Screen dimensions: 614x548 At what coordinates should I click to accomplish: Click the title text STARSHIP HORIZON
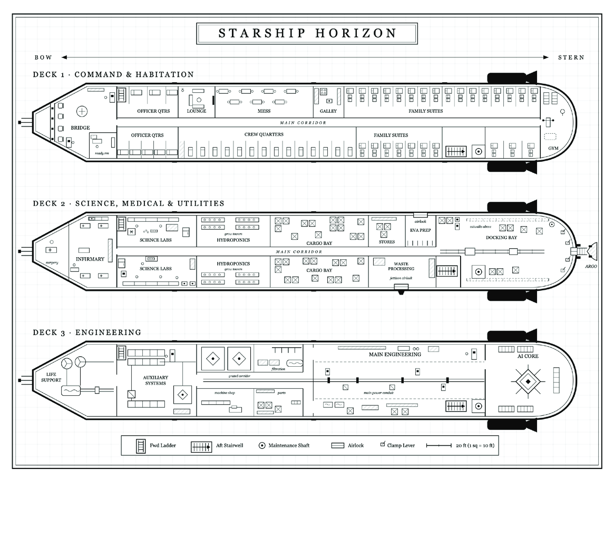click(x=307, y=33)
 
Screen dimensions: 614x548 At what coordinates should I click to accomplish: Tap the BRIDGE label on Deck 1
click(x=80, y=128)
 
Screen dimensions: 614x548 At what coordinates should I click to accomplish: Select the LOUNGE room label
click(x=197, y=111)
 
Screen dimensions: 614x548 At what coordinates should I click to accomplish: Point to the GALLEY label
click(x=328, y=111)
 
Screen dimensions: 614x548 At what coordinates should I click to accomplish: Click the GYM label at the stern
click(x=553, y=149)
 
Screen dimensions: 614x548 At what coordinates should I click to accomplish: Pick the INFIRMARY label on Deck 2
click(x=90, y=259)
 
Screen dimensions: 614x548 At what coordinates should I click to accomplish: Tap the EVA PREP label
click(x=420, y=230)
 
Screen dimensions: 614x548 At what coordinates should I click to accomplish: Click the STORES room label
click(x=387, y=242)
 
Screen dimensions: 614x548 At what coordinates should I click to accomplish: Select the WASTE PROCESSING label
click(x=401, y=267)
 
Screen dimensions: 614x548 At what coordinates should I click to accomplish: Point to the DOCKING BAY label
click(x=501, y=238)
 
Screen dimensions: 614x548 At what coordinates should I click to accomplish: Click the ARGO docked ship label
click(x=591, y=267)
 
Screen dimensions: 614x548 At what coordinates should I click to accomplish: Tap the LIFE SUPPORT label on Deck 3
click(x=51, y=377)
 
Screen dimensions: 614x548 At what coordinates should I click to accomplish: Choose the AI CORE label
click(x=528, y=356)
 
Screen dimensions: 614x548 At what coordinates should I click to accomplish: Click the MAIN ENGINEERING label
click(x=395, y=355)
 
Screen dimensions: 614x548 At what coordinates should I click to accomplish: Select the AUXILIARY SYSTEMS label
click(x=155, y=380)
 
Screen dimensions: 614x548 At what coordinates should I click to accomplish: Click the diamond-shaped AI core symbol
click(x=528, y=381)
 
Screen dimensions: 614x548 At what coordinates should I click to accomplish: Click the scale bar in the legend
click(x=439, y=445)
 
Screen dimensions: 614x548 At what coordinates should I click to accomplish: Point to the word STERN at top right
click(x=571, y=57)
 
